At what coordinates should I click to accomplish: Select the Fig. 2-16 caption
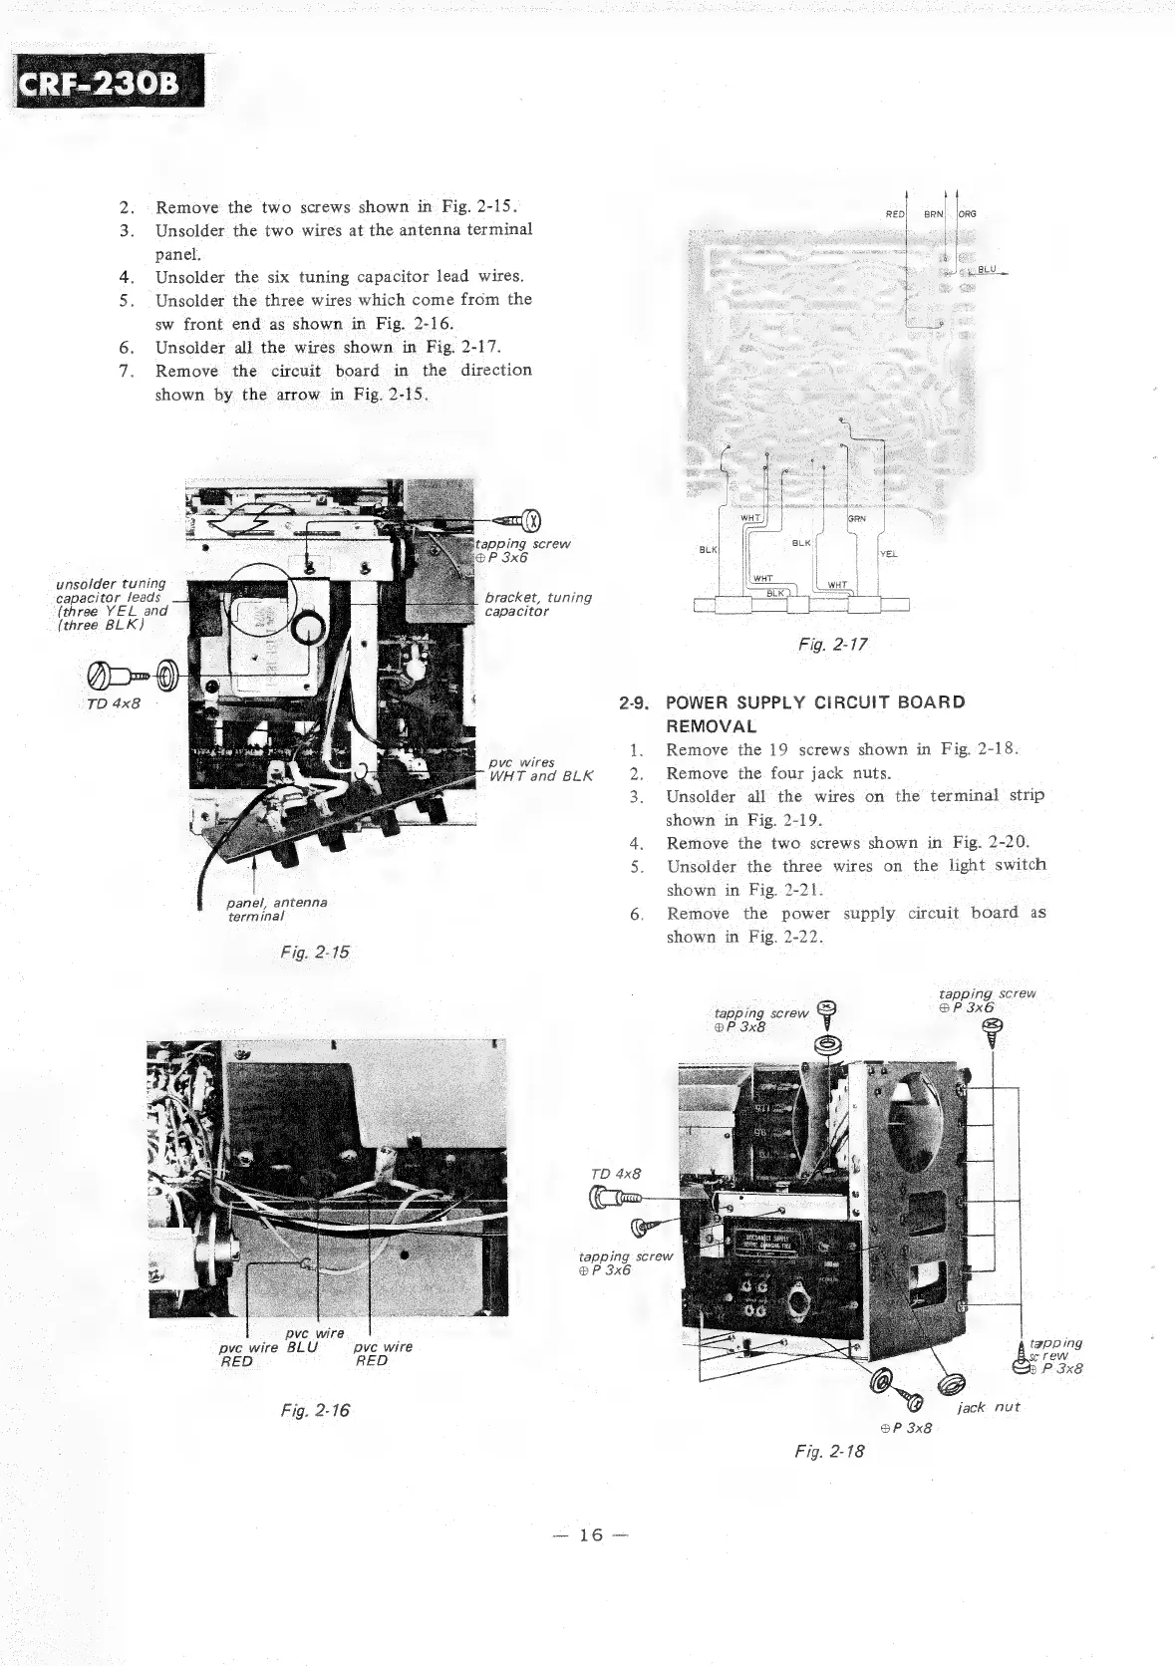pos(315,1410)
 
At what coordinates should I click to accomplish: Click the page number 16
pos(591,1534)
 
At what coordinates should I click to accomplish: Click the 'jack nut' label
pos(989,1407)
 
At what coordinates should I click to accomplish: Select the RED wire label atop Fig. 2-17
pos(895,214)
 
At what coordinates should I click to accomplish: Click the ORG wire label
pos(967,214)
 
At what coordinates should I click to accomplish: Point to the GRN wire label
pos(855,518)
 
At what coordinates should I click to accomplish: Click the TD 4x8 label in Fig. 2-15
pos(113,703)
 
